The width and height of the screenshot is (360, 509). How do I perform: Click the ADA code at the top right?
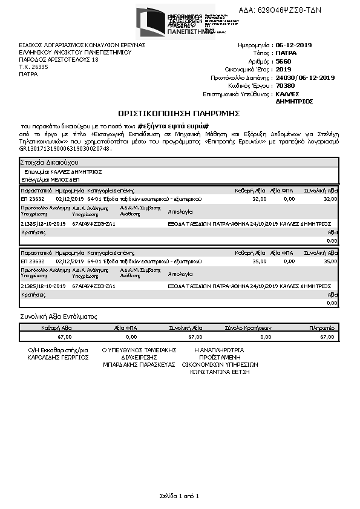289,10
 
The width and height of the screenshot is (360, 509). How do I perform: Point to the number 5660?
283,62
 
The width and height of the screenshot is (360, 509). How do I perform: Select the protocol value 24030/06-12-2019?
305,78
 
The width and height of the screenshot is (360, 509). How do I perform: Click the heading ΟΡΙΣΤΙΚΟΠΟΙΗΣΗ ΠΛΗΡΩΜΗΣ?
179,113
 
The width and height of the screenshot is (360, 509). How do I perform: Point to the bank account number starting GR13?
66,148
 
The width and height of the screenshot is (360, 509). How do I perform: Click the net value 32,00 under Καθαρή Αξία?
259,199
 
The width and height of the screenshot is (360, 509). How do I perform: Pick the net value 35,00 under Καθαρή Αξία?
259,261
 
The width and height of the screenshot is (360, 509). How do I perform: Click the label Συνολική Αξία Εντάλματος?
59,317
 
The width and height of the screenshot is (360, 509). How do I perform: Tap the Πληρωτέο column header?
321,327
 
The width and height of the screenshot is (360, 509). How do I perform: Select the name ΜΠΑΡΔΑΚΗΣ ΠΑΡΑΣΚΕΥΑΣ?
139,365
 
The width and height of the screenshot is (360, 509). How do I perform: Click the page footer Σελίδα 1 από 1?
179,496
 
